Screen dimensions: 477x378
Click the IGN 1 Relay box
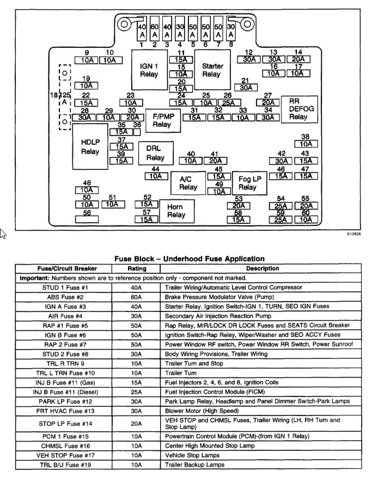(149, 70)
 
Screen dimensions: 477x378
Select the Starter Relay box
(212, 70)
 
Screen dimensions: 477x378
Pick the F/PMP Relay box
(161, 120)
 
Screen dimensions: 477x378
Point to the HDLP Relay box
(90, 147)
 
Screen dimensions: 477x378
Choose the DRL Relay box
(155, 154)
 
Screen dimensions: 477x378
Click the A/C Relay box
(188, 183)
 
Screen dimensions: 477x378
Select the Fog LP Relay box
(247, 183)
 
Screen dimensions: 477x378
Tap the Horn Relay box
(175, 211)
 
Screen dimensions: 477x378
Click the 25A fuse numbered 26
(229, 102)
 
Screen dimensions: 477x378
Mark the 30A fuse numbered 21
(246, 87)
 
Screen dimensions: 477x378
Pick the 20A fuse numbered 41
(215, 161)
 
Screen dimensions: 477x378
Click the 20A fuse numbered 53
(238, 205)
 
